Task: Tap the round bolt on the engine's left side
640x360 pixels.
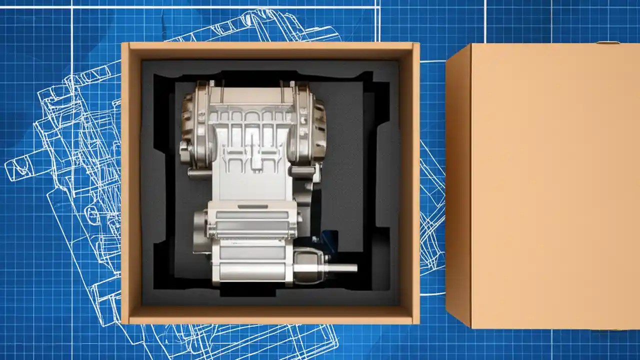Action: [x=185, y=149]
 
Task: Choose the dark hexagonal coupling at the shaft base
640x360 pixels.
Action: [x=307, y=260]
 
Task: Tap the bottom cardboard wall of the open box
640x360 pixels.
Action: [x=270, y=314]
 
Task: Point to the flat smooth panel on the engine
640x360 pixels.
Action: [x=250, y=185]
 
